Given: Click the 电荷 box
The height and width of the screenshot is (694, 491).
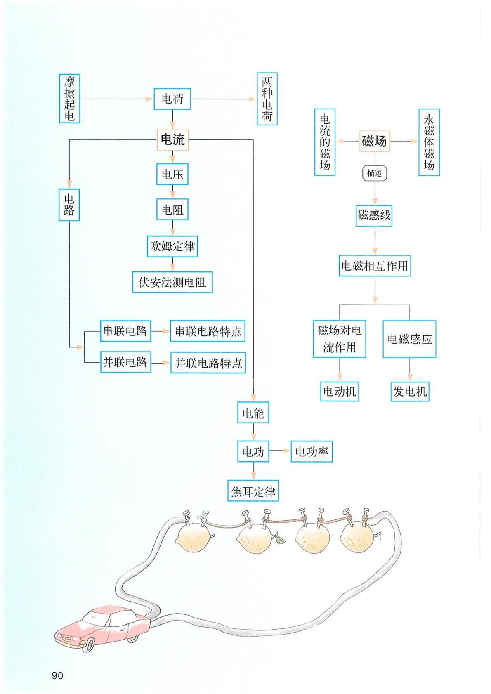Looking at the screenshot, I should coord(172,99).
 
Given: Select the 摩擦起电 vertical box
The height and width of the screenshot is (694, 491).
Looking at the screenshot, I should coord(69,99).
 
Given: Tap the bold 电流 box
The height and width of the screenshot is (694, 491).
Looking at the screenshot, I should coord(172,139).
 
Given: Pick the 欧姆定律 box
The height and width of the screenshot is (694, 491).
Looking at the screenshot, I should coord(172,246).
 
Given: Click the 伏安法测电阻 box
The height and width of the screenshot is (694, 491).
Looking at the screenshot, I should coord(172,282).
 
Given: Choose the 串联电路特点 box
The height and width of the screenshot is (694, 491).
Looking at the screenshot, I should coord(208,331).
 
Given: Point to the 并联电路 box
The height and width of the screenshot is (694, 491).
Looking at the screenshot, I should coord(125,362).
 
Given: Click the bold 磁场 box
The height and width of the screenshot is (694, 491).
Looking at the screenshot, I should coord(374,141).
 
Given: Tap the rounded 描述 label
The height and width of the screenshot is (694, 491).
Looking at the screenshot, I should coord(375,173).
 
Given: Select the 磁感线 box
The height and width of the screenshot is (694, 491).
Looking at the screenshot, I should coord(374,215).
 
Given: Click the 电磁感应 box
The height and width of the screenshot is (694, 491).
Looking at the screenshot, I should coord(409,339).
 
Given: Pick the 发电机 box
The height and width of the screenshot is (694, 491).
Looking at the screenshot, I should coord(410,391).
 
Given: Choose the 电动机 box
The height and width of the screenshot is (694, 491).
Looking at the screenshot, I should coord(340,391).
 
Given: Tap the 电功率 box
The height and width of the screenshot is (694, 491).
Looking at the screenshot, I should coord(312,451).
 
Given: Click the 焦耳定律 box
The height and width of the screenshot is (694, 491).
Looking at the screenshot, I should coord(253,491).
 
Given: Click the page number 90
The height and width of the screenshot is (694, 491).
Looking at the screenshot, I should coord(57,675).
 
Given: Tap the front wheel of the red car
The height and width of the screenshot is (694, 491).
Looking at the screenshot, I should coord(88,645).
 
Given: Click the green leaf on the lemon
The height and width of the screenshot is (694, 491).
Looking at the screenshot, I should coord(280,538).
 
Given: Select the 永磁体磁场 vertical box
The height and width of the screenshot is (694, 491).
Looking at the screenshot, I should coord(429,142).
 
